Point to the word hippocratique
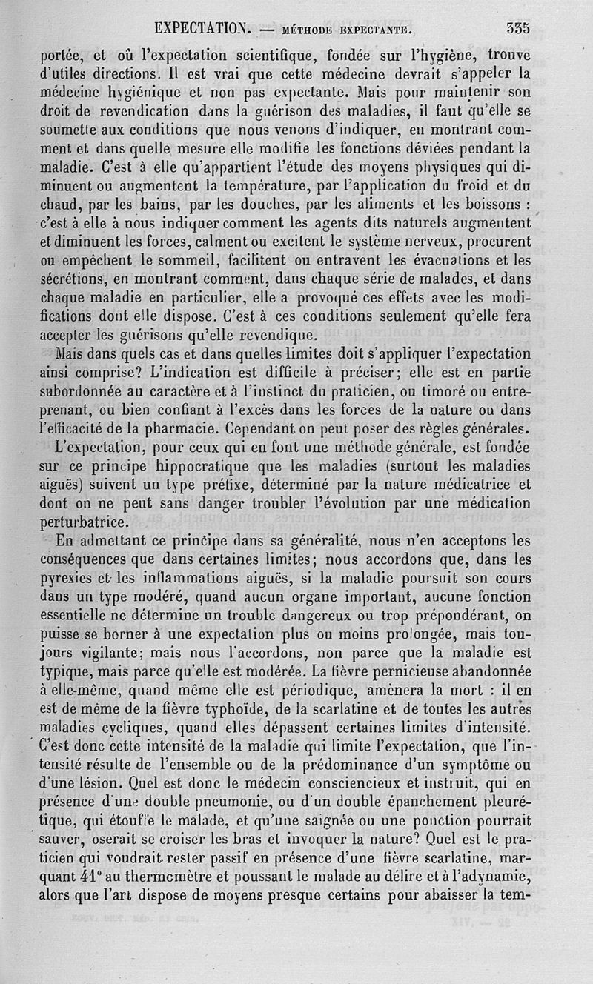220,467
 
